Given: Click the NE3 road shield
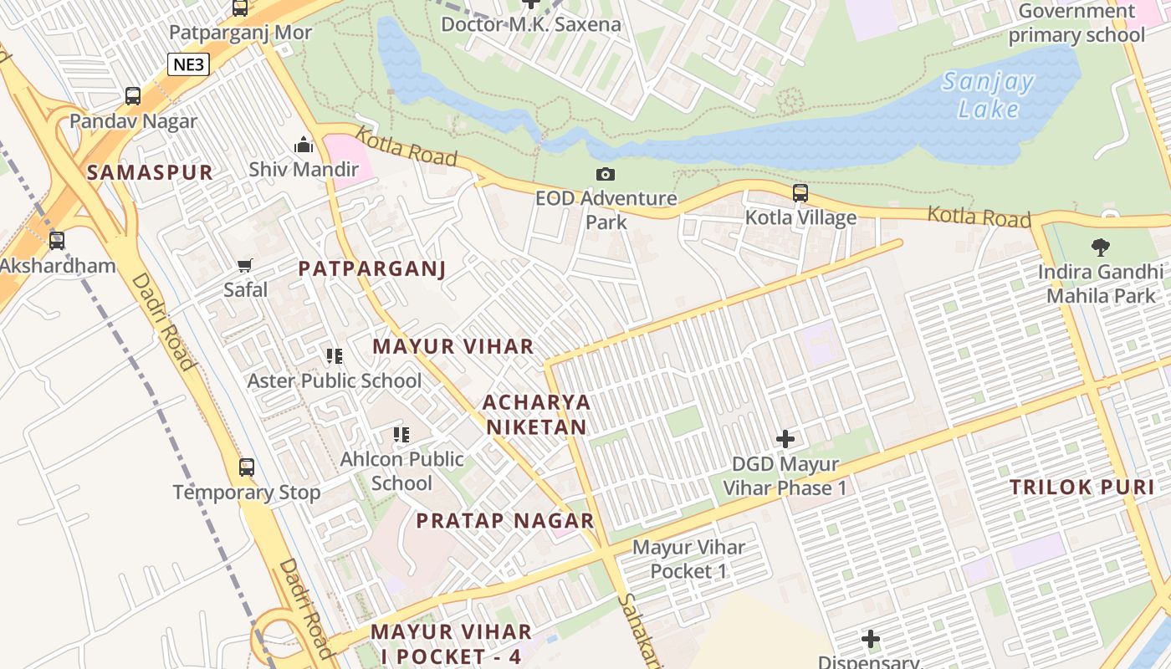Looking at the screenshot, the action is coord(187,64).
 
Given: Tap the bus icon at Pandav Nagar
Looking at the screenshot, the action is coord(133,96).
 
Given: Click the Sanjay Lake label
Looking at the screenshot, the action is coord(988,95).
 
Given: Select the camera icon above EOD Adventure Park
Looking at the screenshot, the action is coord(606,174).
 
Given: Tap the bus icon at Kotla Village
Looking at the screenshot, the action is coord(800,193).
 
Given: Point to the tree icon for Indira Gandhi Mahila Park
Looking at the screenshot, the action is coord(1101,248).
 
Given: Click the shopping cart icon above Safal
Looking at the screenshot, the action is coord(245,266).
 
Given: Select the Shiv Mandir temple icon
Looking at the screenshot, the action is coord(304,145).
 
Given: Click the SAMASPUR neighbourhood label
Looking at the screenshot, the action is coord(150,173).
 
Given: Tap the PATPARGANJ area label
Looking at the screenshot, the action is coord(372,269).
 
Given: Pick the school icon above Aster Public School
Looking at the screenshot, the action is coord(335,356).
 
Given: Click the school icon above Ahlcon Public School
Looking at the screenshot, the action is coord(401,435).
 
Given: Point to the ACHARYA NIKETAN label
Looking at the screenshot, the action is coord(536,415).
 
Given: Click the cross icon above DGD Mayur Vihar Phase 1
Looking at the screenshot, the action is coord(785,438).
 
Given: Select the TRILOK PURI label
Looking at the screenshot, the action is coord(1082,488).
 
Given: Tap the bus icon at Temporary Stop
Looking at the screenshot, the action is coord(247,467).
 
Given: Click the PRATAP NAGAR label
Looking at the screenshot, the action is coord(505,521).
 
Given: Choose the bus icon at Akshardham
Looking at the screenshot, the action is coord(57,241).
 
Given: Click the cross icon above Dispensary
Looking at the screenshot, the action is coord(871,640).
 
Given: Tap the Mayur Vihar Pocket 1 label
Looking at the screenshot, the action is coord(688,559).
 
